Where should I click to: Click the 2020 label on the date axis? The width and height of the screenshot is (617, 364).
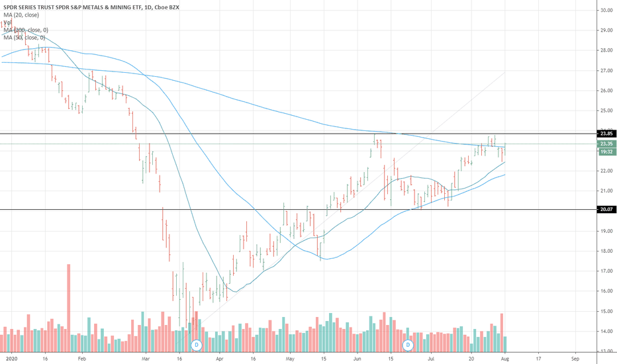[x=9, y=359]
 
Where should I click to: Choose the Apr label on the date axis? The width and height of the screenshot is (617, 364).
[x=219, y=359]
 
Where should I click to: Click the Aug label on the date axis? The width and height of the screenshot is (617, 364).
[x=505, y=359]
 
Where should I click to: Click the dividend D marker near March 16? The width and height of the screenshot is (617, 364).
[x=196, y=345]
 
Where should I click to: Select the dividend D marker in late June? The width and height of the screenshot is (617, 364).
[x=408, y=345]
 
